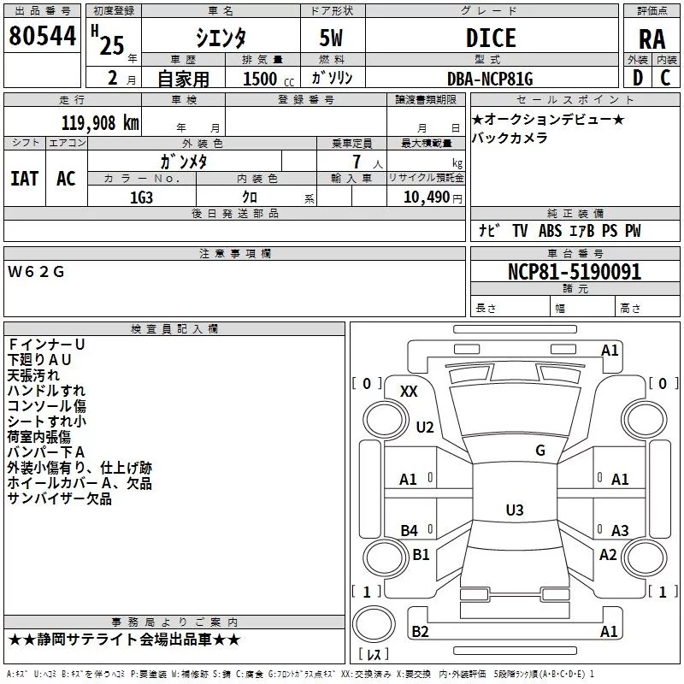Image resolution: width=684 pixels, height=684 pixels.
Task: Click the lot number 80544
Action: (x=42, y=36)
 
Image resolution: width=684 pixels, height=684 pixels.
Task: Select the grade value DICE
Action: (x=491, y=38)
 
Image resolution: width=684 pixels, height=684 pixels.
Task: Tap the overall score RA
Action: (x=652, y=39)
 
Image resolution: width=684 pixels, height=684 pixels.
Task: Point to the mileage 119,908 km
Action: (x=100, y=122)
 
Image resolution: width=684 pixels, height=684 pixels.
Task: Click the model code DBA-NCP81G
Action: (x=490, y=79)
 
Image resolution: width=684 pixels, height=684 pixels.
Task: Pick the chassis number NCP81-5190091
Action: (x=575, y=272)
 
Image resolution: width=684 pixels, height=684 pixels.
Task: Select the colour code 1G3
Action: (x=141, y=198)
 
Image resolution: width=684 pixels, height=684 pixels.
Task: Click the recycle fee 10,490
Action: (x=427, y=197)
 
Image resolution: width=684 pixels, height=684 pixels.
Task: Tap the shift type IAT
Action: (x=25, y=179)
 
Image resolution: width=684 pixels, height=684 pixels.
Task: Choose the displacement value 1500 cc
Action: (x=268, y=79)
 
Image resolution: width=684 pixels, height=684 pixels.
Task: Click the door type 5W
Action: (x=331, y=38)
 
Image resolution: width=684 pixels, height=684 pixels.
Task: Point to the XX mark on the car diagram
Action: (x=409, y=392)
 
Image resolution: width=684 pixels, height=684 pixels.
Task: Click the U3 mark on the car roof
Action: (x=515, y=510)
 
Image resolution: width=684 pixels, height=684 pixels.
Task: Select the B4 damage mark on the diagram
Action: (x=410, y=530)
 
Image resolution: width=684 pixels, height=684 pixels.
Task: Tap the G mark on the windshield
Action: (x=540, y=450)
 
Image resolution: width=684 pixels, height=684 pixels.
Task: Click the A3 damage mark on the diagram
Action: (x=620, y=530)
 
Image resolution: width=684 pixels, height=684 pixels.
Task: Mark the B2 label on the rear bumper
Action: (x=420, y=631)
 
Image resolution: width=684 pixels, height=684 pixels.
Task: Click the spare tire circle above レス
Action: (x=374, y=624)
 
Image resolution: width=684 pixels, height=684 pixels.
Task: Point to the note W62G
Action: (x=36, y=272)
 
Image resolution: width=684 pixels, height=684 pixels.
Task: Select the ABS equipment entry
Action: (x=550, y=231)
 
